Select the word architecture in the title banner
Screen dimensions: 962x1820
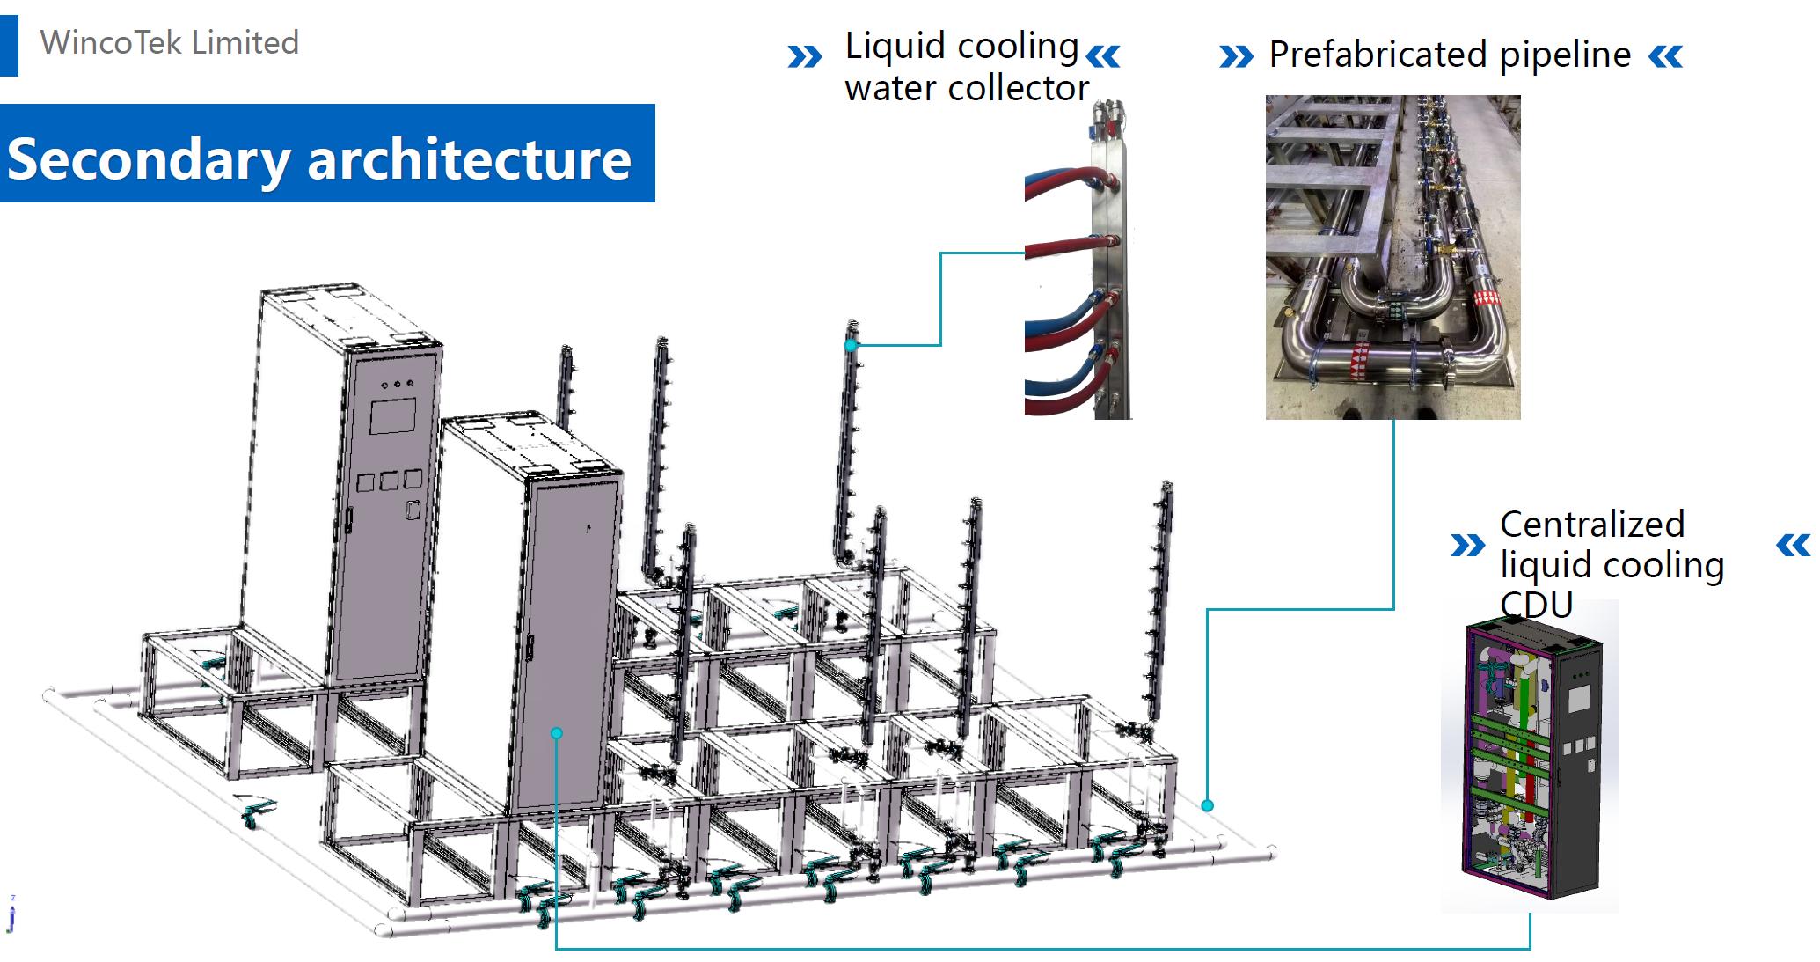click(x=469, y=158)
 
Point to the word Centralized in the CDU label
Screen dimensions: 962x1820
click(x=1591, y=525)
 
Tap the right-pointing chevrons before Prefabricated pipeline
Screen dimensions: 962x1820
click(x=1236, y=57)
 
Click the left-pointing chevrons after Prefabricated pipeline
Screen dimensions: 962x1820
click(x=1665, y=57)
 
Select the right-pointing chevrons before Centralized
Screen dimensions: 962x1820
click(x=1466, y=546)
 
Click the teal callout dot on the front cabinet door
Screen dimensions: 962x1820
click(x=556, y=732)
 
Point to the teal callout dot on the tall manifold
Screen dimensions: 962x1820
click(x=851, y=346)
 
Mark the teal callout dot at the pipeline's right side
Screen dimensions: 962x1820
click(x=1208, y=805)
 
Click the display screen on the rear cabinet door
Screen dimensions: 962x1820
click(x=392, y=416)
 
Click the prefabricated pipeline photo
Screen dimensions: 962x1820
click(x=1392, y=257)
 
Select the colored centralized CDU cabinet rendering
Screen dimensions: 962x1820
click(x=1529, y=757)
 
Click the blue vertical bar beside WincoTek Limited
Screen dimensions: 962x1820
click(x=9, y=45)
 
